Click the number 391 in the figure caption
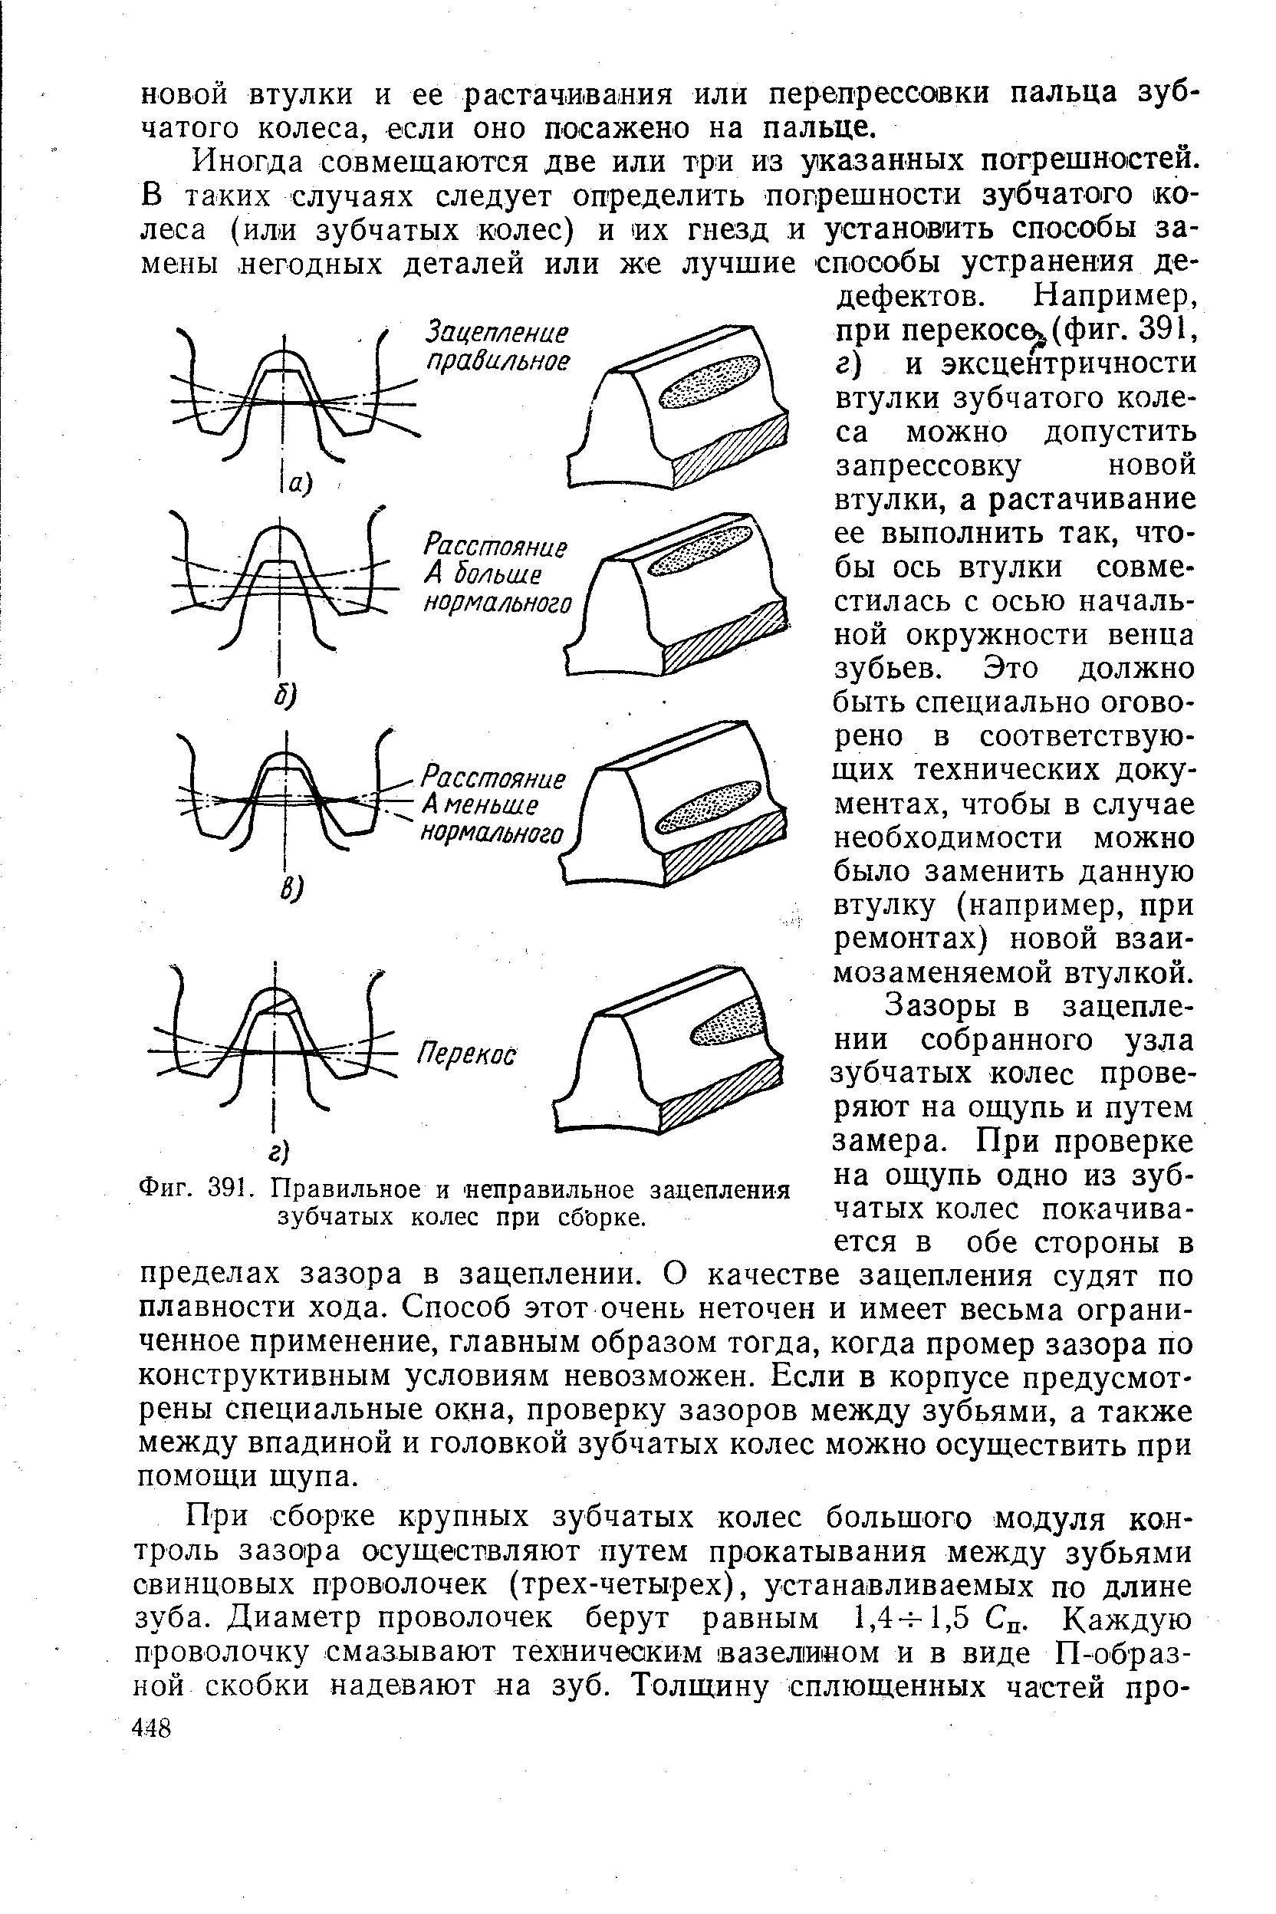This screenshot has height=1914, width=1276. click(x=222, y=1191)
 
